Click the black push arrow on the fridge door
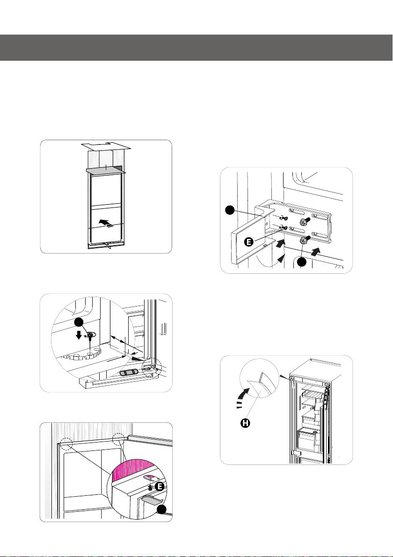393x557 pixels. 104,223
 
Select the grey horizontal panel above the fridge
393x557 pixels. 106,170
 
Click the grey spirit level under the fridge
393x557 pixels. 129,373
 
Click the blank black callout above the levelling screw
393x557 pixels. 79,322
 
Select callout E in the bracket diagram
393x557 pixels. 249,242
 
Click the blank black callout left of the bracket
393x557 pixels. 230,211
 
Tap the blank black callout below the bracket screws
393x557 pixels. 302,263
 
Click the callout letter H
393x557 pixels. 246,423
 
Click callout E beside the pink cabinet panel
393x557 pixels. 160,486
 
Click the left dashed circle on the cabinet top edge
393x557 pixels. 66,443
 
